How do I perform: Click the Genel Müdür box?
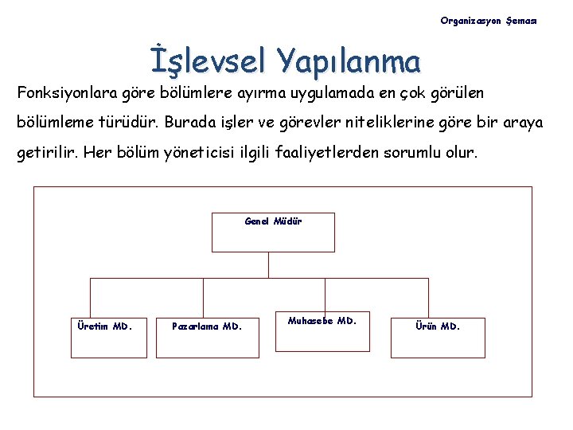point(273,232)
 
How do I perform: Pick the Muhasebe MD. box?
point(322,330)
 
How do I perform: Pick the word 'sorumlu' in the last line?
point(417,151)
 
